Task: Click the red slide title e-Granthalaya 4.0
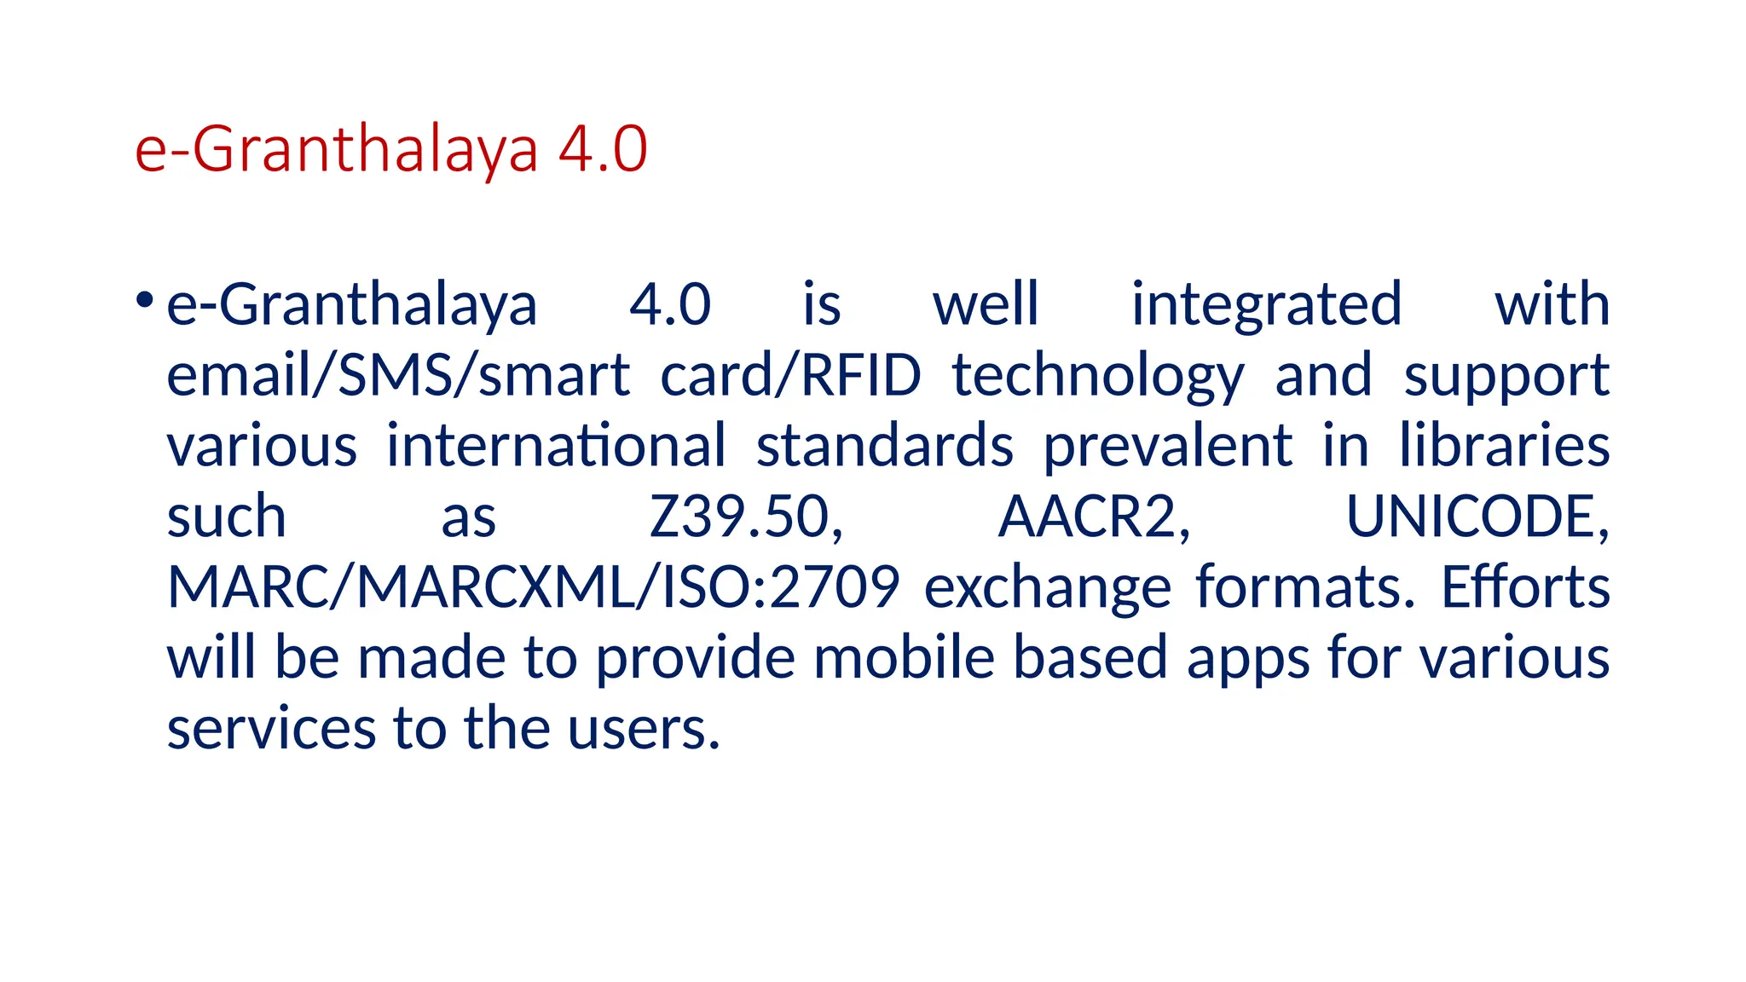point(391,150)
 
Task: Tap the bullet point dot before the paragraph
point(144,300)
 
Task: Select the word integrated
point(1266,305)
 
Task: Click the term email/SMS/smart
point(398,376)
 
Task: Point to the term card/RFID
point(790,376)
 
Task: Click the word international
point(556,446)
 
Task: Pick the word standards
point(885,446)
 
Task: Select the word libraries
point(1504,446)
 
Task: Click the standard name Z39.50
point(746,517)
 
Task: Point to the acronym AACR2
point(1094,517)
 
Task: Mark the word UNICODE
point(1477,517)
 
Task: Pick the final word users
point(644,730)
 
